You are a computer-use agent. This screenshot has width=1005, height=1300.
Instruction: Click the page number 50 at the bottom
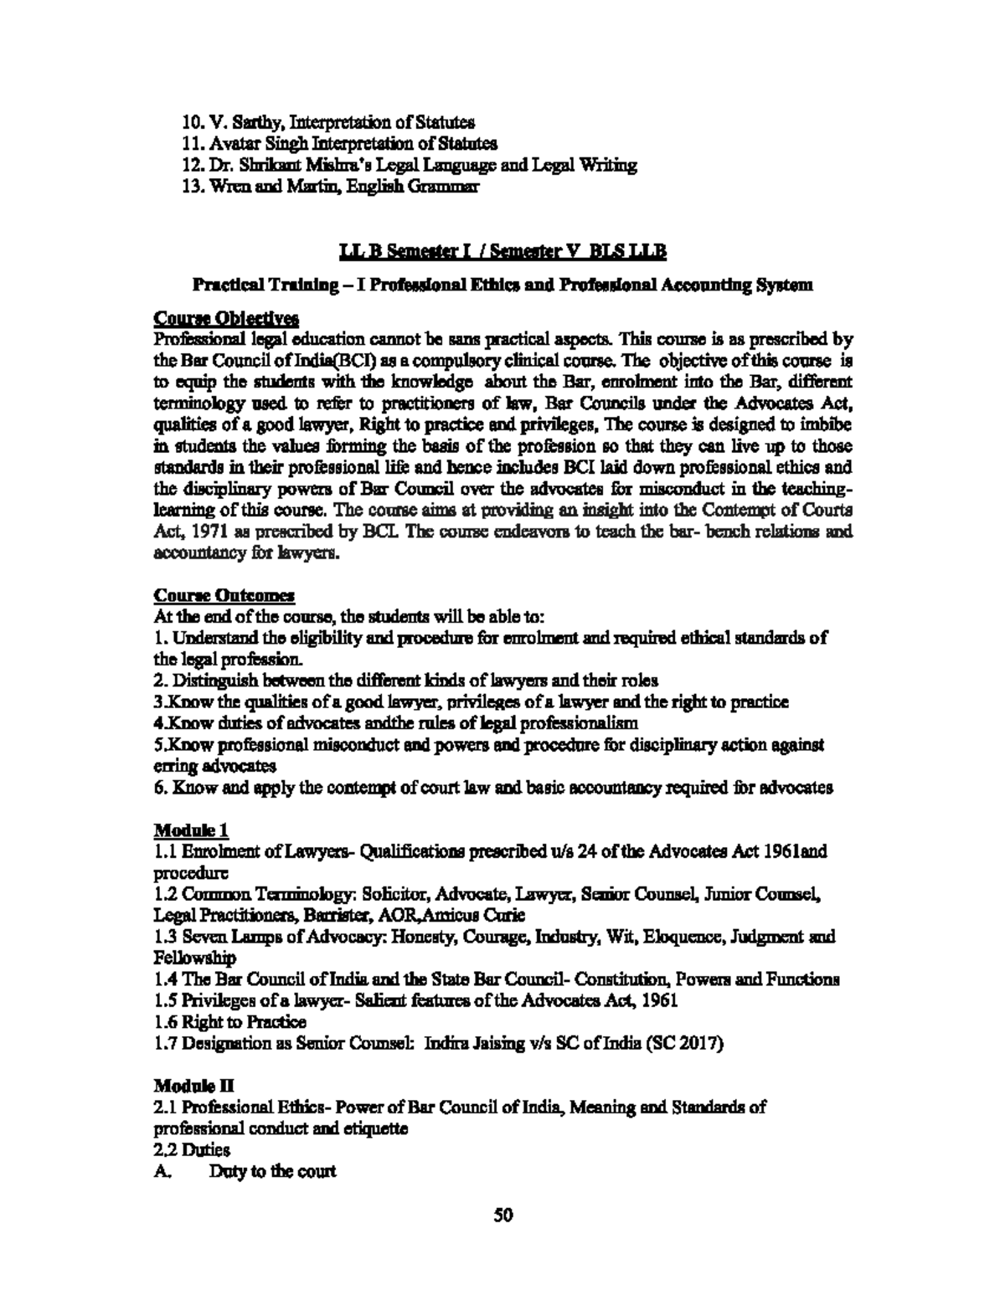click(502, 1215)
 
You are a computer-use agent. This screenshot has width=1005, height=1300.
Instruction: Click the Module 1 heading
click(192, 830)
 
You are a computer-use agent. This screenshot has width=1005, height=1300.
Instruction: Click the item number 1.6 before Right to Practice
click(166, 1022)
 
